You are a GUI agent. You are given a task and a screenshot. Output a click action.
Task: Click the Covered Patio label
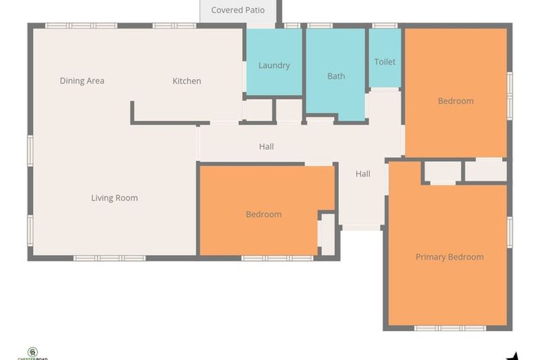point(238,11)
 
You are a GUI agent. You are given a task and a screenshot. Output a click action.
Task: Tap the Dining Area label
point(82,81)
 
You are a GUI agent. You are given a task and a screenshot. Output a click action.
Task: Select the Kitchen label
point(186,81)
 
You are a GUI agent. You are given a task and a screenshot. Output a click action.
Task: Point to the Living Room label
point(114,198)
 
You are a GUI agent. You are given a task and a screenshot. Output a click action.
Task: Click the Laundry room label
point(274,65)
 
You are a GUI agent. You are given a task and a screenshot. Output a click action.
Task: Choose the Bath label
point(335,76)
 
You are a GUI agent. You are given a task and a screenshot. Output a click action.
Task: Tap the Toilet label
point(385,62)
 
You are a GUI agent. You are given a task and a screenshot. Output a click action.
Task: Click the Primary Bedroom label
point(449,257)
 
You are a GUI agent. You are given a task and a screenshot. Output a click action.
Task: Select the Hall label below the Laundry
point(266,147)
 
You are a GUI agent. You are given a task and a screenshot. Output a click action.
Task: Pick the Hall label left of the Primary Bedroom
point(362,174)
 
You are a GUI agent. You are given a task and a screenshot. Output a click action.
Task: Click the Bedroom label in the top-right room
point(455,101)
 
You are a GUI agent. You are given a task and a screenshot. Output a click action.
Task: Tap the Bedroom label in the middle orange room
point(264,214)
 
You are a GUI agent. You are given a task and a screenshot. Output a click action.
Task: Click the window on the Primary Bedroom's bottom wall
point(449,328)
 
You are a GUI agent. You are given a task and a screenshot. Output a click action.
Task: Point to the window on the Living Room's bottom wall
point(110,258)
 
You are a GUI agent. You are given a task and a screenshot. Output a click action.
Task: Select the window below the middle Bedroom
point(277,258)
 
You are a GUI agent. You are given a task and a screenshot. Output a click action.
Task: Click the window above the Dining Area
point(81,26)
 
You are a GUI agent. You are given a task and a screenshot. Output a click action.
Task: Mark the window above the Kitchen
point(174,26)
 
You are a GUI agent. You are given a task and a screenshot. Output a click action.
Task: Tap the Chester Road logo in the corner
point(32,353)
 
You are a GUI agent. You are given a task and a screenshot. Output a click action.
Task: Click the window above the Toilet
point(384,26)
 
